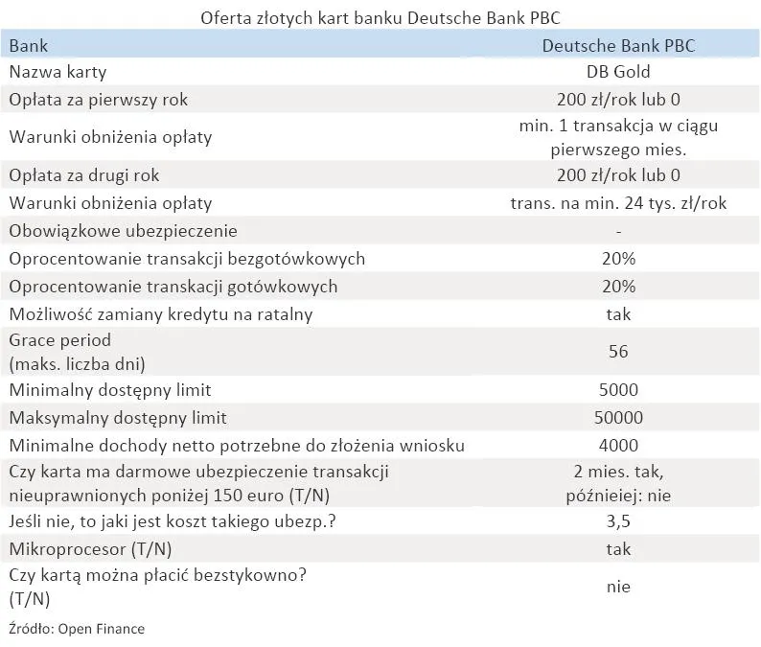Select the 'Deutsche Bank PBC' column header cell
pyautogui.click(x=618, y=45)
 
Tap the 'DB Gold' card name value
pyautogui.click(x=618, y=72)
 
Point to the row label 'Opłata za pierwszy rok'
pyautogui.click(x=91, y=99)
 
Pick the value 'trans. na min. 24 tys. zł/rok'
pyautogui.click(x=618, y=203)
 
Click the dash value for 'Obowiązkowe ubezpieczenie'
pyautogui.click(x=619, y=231)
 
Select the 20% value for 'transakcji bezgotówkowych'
pyautogui.click(x=618, y=259)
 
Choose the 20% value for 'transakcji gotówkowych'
pyautogui.click(x=618, y=287)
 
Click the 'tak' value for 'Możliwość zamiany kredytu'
pyautogui.click(x=618, y=313)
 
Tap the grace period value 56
pyautogui.click(x=618, y=352)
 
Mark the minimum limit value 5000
pyautogui.click(x=618, y=390)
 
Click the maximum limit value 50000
pyautogui.click(x=618, y=418)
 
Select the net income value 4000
pyautogui.click(x=618, y=445)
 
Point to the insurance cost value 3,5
pyautogui.click(x=618, y=522)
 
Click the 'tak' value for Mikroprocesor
pyautogui.click(x=618, y=549)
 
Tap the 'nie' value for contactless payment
pyautogui.click(x=618, y=587)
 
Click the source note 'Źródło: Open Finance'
pyautogui.click(x=76, y=629)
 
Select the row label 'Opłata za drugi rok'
pyautogui.click(x=84, y=175)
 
